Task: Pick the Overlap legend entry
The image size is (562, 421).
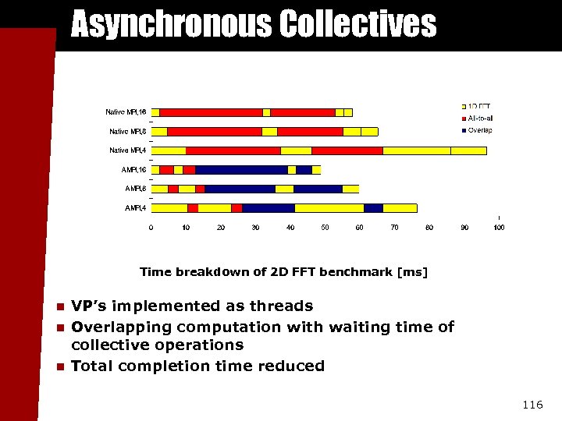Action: pyautogui.click(x=479, y=130)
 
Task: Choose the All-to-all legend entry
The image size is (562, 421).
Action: pyautogui.click(x=479, y=118)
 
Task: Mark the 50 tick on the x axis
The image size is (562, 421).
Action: pyautogui.click(x=325, y=228)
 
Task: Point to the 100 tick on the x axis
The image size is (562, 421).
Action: pyautogui.click(x=499, y=228)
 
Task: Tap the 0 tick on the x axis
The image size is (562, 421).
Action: pyautogui.click(x=151, y=228)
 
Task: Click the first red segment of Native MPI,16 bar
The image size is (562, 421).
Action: pyautogui.click(x=211, y=112)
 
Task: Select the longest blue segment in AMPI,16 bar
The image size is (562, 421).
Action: pyautogui.click(x=241, y=170)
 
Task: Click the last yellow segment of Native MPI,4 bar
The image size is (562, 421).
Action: pyautogui.click(x=468, y=150)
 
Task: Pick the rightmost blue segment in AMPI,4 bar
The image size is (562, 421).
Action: pyautogui.click(x=373, y=208)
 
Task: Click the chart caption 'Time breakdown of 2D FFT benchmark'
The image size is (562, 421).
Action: pyautogui.click(x=283, y=272)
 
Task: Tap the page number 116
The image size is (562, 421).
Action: pyautogui.click(x=532, y=405)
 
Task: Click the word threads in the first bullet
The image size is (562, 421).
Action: pyautogui.click(x=285, y=306)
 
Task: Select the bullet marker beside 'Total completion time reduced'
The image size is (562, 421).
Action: pyautogui.click(x=59, y=366)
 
